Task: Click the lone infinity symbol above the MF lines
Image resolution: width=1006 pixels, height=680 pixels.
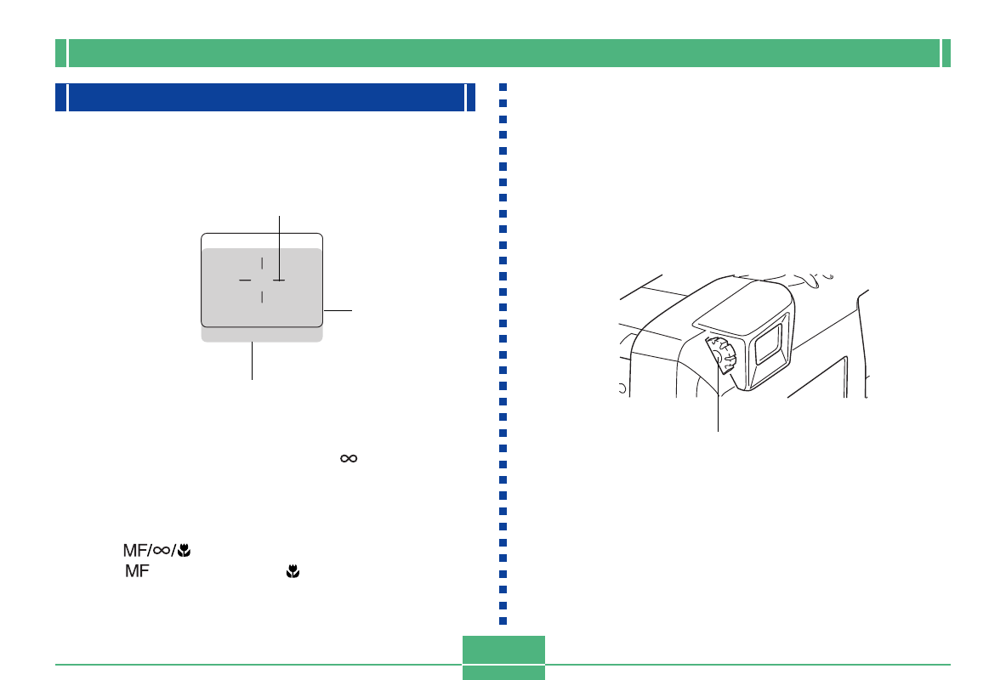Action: [x=349, y=458]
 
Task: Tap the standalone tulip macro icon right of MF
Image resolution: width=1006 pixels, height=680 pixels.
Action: [x=293, y=571]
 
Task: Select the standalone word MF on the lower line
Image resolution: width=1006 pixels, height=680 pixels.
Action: [x=137, y=571]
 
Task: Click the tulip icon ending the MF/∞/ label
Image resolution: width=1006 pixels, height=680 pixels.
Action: [x=185, y=551]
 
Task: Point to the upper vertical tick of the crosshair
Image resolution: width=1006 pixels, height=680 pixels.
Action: [x=262, y=263]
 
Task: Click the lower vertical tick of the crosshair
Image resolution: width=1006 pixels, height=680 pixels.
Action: [x=262, y=297]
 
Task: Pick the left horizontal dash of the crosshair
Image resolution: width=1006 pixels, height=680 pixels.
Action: [x=245, y=280]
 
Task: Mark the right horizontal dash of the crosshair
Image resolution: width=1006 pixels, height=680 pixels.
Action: [x=279, y=280]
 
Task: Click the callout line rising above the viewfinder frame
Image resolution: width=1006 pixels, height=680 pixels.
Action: [x=279, y=247]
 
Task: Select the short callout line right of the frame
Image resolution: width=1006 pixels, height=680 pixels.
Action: [x=338, y=310]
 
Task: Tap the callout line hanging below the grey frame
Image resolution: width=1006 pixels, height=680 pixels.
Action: [x=253, y=360]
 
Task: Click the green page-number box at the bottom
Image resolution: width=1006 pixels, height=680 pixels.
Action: [x=503, y=658]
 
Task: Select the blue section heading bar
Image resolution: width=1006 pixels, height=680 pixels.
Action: [x=265, y=98]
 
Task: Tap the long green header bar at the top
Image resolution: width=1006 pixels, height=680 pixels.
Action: [x=503, y=54]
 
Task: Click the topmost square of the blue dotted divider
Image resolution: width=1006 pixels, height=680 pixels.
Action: [x=503, y=88]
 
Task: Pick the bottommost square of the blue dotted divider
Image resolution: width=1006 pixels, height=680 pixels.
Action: [x=503, y=621]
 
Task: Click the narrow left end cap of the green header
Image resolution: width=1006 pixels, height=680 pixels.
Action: [x=61, y=54]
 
